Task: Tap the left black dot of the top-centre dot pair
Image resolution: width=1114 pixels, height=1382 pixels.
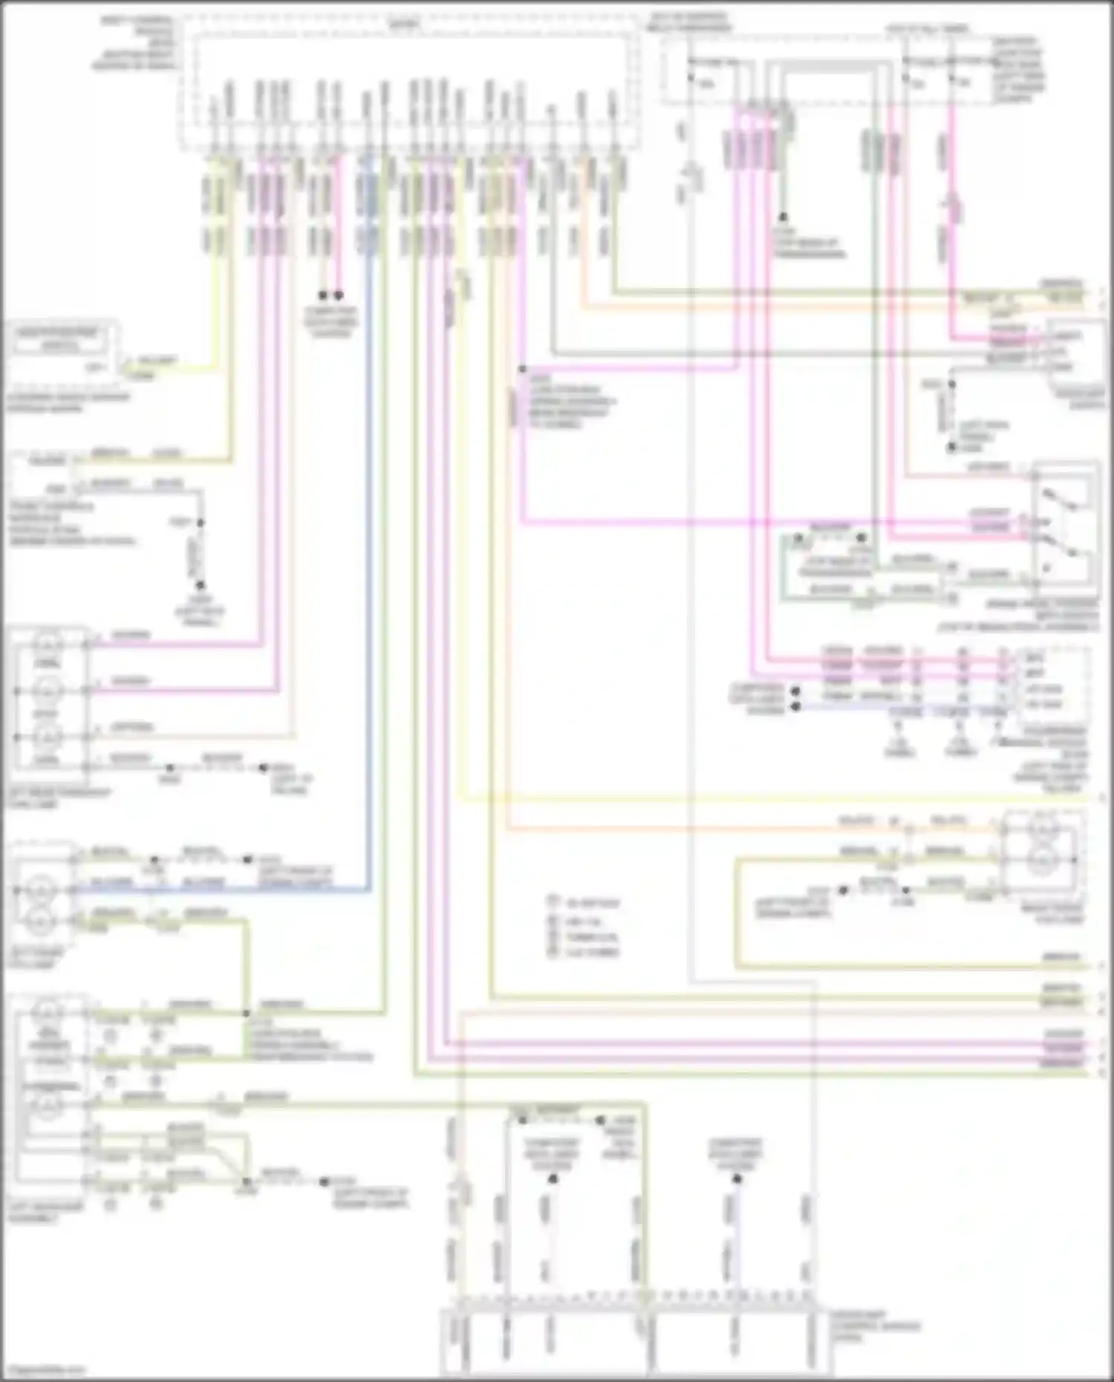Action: [322, 296]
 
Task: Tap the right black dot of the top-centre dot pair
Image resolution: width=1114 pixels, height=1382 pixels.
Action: [339, 296]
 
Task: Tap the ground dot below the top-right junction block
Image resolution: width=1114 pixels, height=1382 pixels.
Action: [783, 218]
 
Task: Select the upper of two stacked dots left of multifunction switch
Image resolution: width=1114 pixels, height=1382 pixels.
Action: [795, 691]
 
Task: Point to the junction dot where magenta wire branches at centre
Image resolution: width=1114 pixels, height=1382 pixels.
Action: [522, 369]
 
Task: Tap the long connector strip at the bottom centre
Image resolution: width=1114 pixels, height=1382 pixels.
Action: [635, 1341]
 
